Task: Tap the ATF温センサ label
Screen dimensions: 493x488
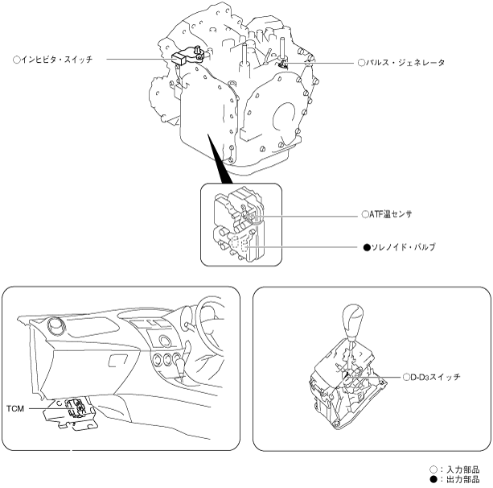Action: [395, 215]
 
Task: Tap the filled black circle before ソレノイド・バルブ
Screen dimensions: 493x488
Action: [366, 247]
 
